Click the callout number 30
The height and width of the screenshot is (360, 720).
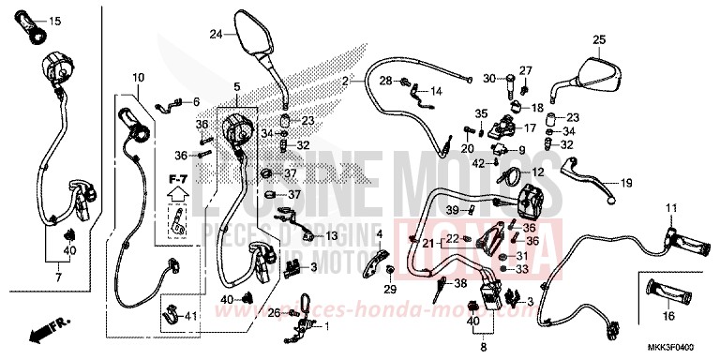488,79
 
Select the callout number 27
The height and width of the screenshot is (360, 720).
526,70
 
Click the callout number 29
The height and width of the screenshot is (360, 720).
390,291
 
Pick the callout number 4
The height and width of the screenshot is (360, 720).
379,233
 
